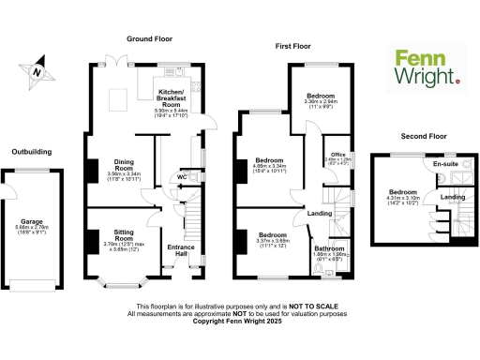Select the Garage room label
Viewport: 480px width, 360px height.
(38, 202)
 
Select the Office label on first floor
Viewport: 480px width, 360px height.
(337, 154)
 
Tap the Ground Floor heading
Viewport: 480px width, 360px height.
(151, 39)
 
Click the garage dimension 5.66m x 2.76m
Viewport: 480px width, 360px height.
(38, 211)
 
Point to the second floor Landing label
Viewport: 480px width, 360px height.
(453, 197)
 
